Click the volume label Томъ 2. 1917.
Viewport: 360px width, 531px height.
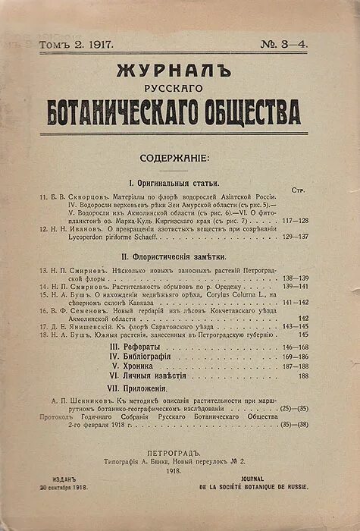point(77,46)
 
